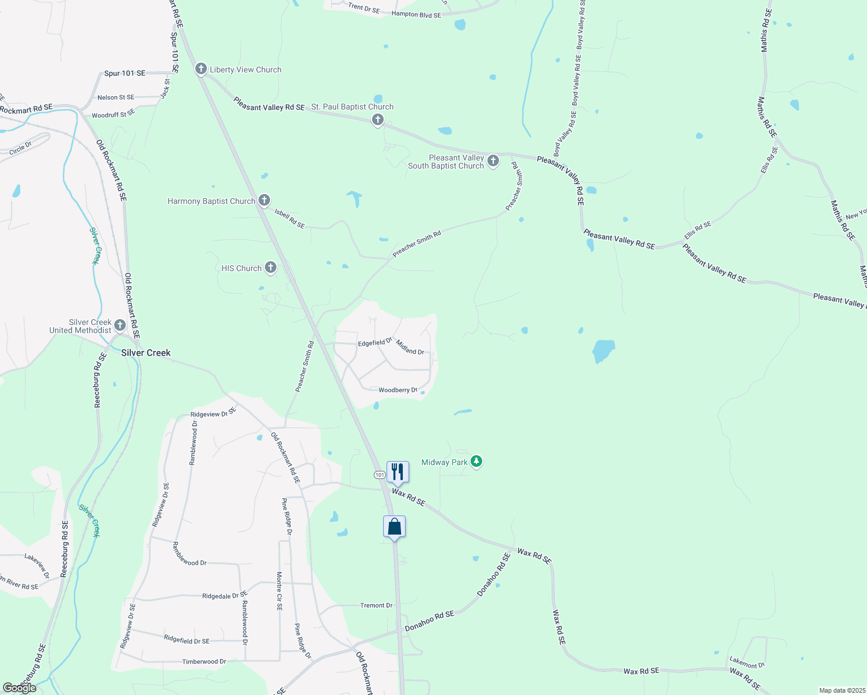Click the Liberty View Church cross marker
201,69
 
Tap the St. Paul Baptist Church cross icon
378,120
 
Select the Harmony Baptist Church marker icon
264,200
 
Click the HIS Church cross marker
271,268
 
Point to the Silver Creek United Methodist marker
120,325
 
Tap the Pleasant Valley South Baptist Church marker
493,160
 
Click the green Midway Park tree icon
476,462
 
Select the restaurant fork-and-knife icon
398,472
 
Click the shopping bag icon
394,527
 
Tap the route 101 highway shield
380,475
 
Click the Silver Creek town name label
146,353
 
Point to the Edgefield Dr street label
375,342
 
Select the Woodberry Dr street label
398,390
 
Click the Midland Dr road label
410,348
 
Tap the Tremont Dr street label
377,605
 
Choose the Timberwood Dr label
204,661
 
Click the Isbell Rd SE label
290,219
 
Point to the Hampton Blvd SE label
416,14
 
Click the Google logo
20,688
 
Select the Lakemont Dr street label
747,662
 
